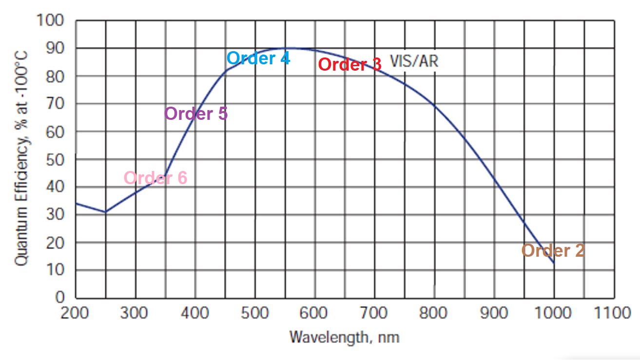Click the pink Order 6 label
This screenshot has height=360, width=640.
pyautogui.click(x=155, y=178)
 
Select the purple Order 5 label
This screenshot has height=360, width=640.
pyautogui.click(x=196, y=114)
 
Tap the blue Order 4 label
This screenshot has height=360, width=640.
pyautogui.click(x=258, y=58)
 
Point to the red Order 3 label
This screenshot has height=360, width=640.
pyautogui.click(x=349, y=65)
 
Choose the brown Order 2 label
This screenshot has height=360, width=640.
pyautogui.click(x=553, y=251)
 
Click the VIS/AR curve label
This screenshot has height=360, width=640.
pyautogui.click(x=414, y=61)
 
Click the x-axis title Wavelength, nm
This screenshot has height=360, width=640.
pyautogui.click(x=344, y=337)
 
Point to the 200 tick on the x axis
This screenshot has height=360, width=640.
pyautogui.click(x=76, y=312)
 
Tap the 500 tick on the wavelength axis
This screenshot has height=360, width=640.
pyautogui.click(x=255, y=312)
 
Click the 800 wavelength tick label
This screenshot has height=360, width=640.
pyautogui.click(x=434, y=312)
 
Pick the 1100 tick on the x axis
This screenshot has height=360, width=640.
pyautogui.click(x=613, y=312)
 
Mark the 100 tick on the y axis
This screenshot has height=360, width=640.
pyautogui.click(x=50, y=21)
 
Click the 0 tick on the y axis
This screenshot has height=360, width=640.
pyautogui.click(x=60, y=298)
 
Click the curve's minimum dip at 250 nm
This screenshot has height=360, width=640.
pyautogui.click(x=106, y=212)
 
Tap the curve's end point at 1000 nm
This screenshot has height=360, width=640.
pyautogui.click(x=554, y=264)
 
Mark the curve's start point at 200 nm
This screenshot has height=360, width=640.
pyautogui.click(x=76, y=203)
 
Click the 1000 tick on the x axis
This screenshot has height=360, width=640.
pyautogui.click(x=554, y=312)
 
